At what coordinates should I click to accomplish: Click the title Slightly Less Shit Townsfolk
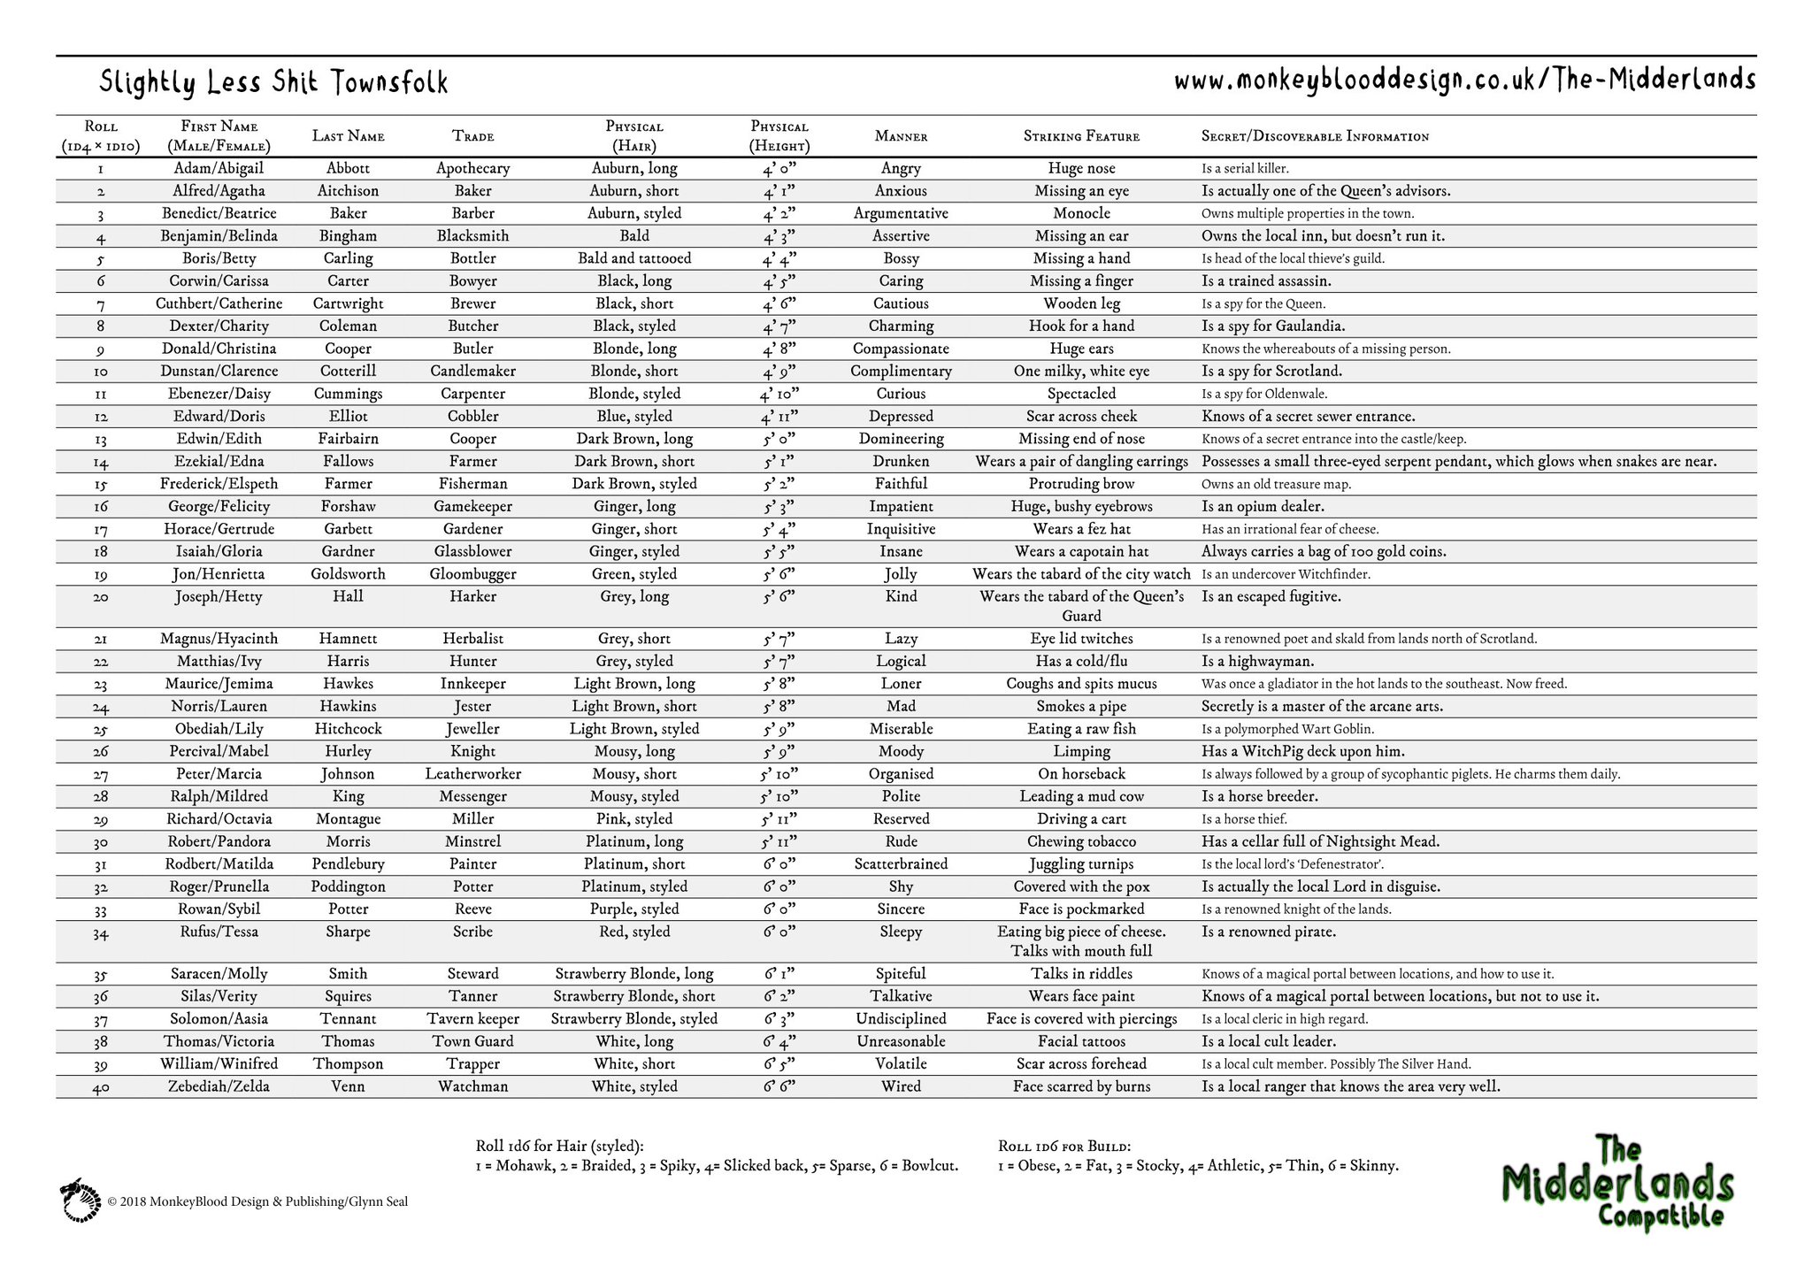[273, 83]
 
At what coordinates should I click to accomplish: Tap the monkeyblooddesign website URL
[1464, 81]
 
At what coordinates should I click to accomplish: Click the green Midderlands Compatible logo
[1617, 1183]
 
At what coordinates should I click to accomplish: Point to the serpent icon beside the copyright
[81, 1200]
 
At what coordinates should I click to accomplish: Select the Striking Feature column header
[1081, 136]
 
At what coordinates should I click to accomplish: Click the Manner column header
[901, 136]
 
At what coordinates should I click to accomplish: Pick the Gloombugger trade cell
[473, 574]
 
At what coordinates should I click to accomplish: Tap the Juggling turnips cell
[1081, 864]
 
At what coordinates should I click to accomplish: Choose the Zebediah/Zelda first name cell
[219, 1086]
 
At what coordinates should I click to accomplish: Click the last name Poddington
[348, 886]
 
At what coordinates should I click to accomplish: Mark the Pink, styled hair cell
[634, 819]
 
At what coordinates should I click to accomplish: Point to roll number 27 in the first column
[100, 774]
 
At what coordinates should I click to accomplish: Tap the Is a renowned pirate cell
[1269, 932]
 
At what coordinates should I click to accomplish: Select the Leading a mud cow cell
[1081, 796]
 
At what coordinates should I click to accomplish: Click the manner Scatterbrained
[901, 864]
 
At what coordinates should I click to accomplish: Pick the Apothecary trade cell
[473, 168]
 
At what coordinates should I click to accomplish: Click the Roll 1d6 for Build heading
[1064, 1146]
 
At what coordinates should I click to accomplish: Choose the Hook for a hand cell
[1081, 326]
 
